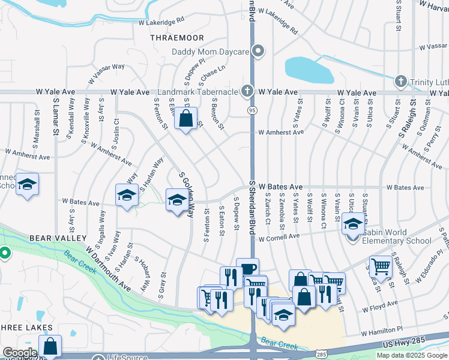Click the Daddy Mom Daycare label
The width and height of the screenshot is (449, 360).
(210, 52)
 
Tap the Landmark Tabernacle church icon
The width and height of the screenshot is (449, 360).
(246, 92)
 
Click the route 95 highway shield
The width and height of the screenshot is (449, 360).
(252, 110)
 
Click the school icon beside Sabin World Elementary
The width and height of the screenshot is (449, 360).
(353, 226)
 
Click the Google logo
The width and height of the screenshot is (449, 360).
(20, 353)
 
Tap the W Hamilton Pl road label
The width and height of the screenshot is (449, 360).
(382, 331)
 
